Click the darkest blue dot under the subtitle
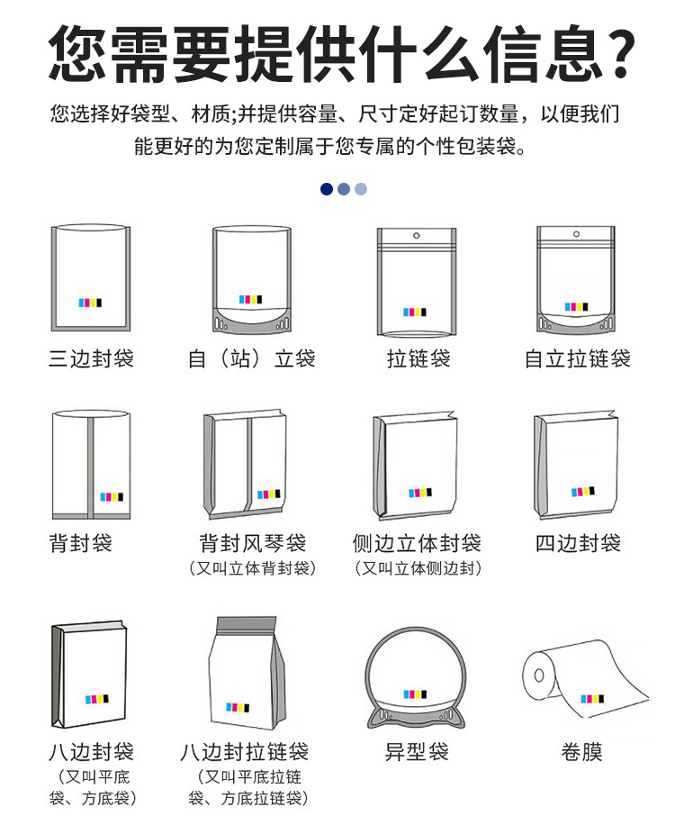[327, 189]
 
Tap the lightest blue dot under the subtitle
[361, 189]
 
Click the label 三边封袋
[92, 358]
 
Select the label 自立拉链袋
[578, 358]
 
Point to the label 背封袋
[81, 543]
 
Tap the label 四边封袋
[579, 543]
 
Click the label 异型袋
[417, 751]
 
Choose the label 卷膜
[582, 751]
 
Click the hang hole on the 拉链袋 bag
[416, 236]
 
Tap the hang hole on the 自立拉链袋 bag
[576, 234]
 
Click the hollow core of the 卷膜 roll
[539, 675]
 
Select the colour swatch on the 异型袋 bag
[415, 694]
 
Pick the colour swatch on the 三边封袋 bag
[90, 303]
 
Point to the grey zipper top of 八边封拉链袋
[247, 624]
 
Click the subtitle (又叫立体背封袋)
[253, 568]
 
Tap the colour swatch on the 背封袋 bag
[112, 497]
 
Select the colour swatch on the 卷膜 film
[592, 698]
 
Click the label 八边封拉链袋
[245, 751]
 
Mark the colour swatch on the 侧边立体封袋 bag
[420, 493]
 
